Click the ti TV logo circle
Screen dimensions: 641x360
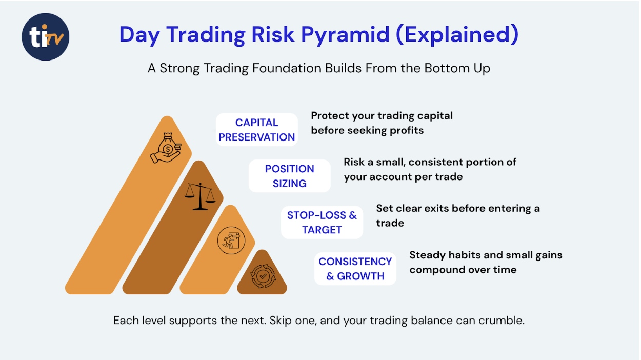tap(46, 37)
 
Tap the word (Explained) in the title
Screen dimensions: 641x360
tap(457, 35)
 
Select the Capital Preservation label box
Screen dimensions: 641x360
tap(257, 130)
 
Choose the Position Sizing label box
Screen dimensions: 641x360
tap(290, 176)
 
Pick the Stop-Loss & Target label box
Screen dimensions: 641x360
tap(322, 223)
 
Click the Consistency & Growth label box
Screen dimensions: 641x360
tap(355, 269)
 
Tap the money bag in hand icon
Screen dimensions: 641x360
tap(166, 148)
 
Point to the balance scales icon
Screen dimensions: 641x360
tap(200, 196)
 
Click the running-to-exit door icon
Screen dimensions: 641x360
tap(231, 241)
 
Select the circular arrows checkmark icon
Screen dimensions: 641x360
tap(263, 276)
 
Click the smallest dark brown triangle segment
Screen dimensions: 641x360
tap(262, 275)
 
